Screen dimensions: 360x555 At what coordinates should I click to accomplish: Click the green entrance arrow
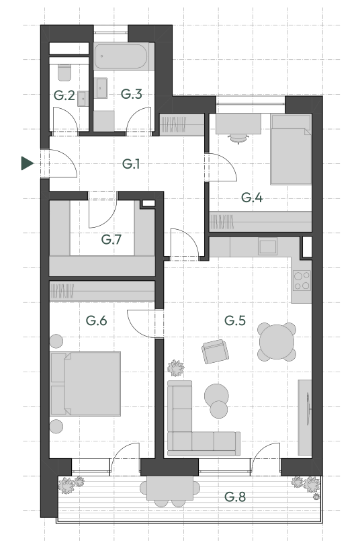click(x=28, y=163)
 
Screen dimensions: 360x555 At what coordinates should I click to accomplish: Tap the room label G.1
click(x=131, y=163)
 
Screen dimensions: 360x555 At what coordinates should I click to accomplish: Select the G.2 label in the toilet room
click(x=64, y=95)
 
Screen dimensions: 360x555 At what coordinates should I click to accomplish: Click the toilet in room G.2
click(x=64, y=72)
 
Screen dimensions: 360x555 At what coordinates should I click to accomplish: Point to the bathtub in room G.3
click(x=121, y=56)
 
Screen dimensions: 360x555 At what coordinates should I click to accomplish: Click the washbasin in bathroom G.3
click(x=101, y=88)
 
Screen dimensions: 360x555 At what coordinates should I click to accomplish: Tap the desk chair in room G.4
click(x=238, y=138)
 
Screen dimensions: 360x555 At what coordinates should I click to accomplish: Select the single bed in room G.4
click(x=291, y=149)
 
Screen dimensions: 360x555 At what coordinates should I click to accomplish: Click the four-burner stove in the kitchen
click(x=302, y=280)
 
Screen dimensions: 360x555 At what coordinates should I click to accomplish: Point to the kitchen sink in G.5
click(x=267, y=247)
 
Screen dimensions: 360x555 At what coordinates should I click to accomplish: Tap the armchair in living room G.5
click(x=215, y=351)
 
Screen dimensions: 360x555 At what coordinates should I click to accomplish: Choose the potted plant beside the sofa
click(x=175, y=368)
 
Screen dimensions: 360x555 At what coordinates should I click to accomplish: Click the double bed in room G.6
click(x=86, y=384)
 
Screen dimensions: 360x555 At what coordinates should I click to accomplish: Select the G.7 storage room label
click(x=111, y=239)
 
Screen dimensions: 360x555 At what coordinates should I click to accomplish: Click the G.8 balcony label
click(x=235, y=497)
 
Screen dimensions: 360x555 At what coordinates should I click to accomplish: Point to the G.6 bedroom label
click(x=96, y=321)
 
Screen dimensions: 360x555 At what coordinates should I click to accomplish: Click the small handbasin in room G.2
click(x=83, y=99)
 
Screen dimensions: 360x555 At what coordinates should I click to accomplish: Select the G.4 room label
click(x=252, y=197)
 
